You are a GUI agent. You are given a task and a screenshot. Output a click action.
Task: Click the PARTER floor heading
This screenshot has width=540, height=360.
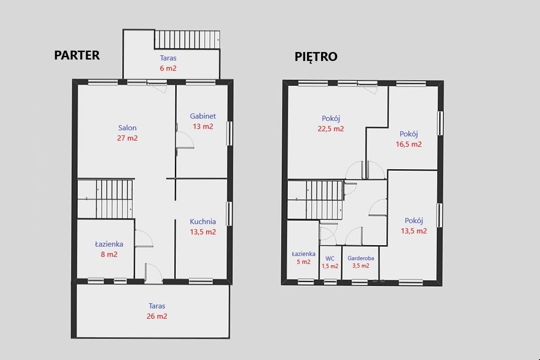point(77,55)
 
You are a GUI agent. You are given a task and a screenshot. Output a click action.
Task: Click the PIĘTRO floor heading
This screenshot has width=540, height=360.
point(316,57)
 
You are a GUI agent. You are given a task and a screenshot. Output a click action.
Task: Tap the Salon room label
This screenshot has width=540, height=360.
point(127,128)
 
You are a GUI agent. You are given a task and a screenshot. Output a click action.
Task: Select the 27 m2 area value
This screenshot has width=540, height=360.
point(127,138)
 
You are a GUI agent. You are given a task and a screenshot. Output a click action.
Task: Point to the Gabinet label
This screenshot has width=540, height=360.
point(203,116)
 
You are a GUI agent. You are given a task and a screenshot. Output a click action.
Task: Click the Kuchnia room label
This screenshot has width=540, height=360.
point(203,222)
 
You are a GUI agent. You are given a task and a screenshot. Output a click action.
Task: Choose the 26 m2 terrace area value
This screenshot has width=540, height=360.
point(157,316)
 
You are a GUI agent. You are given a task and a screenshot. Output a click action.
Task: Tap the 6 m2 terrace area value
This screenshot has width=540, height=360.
point(168,68)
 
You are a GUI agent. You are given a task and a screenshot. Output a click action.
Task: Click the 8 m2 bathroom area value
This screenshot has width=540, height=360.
point(109,254)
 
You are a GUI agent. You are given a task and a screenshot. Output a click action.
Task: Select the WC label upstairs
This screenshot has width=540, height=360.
point(330,259)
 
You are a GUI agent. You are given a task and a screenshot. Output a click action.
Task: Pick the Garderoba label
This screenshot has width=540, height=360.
point(360,258)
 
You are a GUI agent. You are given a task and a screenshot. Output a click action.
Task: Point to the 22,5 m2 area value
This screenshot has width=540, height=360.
point(330,129)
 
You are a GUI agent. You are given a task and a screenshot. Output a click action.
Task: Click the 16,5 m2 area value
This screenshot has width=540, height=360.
point(409,144)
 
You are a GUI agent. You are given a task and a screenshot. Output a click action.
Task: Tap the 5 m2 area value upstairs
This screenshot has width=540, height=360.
point(303,262)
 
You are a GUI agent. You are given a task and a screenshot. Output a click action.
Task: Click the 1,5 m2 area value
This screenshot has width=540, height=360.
point(330,266)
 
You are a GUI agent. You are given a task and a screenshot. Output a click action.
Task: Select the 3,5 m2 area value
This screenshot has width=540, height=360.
point(360,266)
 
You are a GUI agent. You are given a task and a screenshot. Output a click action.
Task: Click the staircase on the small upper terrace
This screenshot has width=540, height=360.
point(187,40)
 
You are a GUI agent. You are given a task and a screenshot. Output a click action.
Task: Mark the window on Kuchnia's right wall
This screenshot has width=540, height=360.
point(229,214)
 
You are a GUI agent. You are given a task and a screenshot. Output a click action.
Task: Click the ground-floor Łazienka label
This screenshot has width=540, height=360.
point(109,244)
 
